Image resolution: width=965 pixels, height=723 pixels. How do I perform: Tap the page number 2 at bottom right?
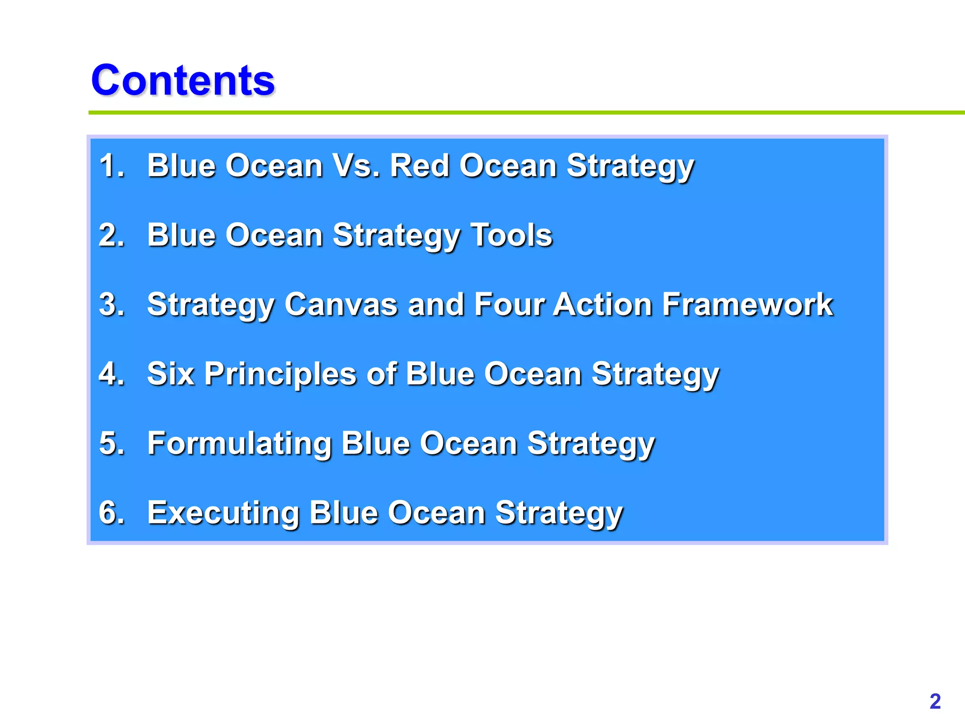point(935,701)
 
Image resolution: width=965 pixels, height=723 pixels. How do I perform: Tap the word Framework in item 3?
point(747,304)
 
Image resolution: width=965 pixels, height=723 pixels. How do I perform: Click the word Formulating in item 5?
point(239,443)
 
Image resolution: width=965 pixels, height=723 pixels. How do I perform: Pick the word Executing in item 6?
point(223,513)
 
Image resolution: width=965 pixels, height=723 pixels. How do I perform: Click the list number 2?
point(111,235)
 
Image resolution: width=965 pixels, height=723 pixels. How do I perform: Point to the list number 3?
point(111,304)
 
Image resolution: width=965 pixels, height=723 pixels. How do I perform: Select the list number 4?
point(111,374)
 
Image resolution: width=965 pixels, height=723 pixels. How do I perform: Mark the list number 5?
point(111,443)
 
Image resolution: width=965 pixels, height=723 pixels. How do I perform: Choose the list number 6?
point(111,512)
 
